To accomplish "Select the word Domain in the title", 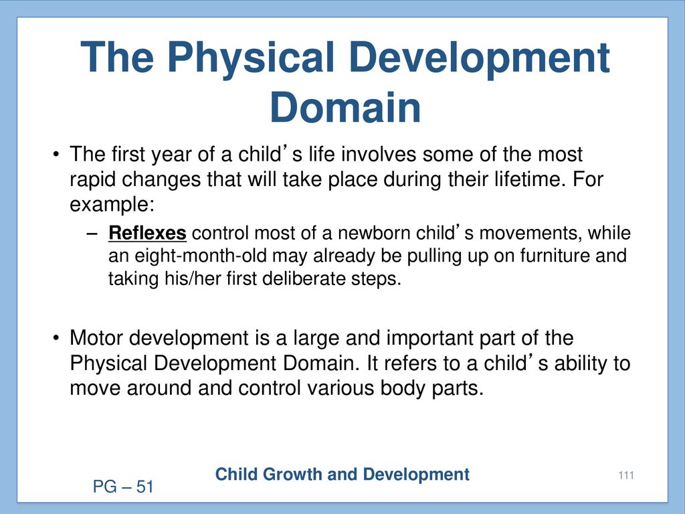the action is click(x=346, y=108).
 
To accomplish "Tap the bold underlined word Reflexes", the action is click(x=148, y=233).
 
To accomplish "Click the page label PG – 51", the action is click(x=123, y=487).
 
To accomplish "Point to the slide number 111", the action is click(x=626, y=475).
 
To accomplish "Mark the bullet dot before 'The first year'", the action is click(x=56, y=155).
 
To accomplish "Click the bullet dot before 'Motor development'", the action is click(x=56, y=339).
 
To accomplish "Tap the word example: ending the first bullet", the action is click(x=112, y=205).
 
